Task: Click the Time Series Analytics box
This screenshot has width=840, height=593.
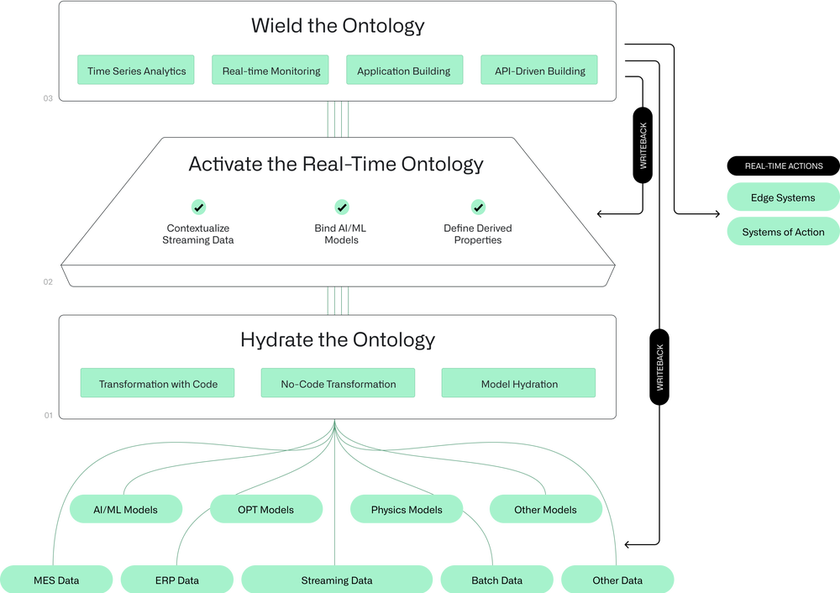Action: click(x=136, y=71)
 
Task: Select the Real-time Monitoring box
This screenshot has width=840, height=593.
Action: click(x=270, y=71)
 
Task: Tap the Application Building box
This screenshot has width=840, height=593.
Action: click(x=403, y=71)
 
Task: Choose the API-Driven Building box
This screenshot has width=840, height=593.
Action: click(x=538, y=71)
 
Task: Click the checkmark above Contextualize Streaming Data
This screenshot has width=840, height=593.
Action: click(x=198, y=207)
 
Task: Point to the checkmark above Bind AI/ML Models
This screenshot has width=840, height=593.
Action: click(x=342, y=207)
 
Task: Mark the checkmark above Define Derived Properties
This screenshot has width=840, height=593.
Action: click(x=478, y=207)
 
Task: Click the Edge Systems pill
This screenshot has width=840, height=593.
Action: click(x=782, y=198)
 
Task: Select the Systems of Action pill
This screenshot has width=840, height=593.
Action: click(x=782, y=232)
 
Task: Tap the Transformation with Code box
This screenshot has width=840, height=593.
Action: click(x=158, y=384)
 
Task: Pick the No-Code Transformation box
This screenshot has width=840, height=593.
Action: click(x=339, y=384)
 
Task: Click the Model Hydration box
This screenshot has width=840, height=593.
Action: click(x=519, y=384)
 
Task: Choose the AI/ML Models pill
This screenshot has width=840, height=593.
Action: click(x=125, y=509)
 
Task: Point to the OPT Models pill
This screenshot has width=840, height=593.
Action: click(x=265, y=509)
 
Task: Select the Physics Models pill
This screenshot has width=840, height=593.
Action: click(x=407, y=509)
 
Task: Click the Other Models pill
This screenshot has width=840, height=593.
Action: click(x=545, y=509)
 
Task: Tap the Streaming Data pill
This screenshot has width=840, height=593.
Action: click(x=336, y=580)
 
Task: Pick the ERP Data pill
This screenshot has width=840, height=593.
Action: click(x=176, y=580)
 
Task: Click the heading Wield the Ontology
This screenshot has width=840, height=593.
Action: click(x=338, y=25)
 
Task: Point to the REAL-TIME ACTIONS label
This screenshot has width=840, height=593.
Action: click(x=784, y=166)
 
